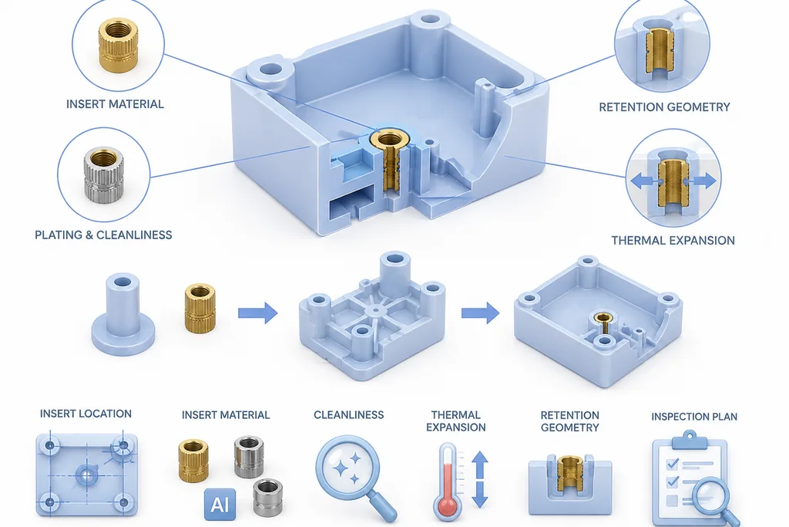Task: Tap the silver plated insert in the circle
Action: coord(104,175)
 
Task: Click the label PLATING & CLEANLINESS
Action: coord(103,235)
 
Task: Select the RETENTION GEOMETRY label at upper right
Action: coord(664,106)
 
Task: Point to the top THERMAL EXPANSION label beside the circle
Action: coord(673,240)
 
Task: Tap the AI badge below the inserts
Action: coord(220,504)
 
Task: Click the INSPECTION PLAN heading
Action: coord(694,417)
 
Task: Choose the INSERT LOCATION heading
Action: coord(86,414)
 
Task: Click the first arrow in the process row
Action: coord(257,312)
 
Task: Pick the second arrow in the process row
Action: coord(480,312)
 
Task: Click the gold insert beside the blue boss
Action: coord(200,308)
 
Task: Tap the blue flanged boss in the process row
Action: coord(123,314)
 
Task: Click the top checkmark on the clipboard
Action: coord(673,463)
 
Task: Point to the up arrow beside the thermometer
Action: coord(480,465)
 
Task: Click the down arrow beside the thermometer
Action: coord(480,495)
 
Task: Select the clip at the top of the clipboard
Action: coord(690,440)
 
